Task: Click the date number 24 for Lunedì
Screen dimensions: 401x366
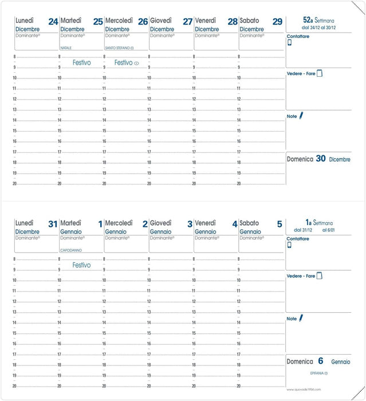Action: point(53,22)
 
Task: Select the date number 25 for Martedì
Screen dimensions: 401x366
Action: point(98,22)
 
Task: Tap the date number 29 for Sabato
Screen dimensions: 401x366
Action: point(277,22)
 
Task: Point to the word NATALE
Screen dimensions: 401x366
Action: point(66,48)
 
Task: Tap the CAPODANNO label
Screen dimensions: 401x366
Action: point(72,250)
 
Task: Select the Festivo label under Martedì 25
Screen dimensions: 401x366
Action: point(81,62)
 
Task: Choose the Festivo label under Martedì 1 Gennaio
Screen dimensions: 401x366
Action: point(81,265)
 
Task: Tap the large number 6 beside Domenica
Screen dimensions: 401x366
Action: point(321,361)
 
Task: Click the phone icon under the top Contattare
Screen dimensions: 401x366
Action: point(289,43)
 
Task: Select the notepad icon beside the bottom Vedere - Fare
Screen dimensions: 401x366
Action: point(320,276)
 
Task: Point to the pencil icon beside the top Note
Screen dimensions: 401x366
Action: point(301,116)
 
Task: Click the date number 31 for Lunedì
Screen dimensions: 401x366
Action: point(53,225)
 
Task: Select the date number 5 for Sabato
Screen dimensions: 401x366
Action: point(280,225)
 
